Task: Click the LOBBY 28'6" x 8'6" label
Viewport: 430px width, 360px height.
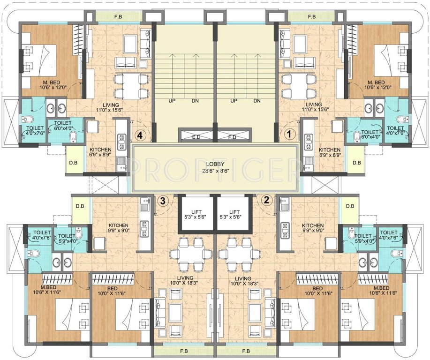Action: tap(215, 167)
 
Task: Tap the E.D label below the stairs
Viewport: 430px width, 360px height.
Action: tap(196, 137)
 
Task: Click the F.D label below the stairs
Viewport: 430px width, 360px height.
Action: tap(233, 137)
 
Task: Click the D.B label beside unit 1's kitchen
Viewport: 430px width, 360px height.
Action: tap(356, 163)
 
